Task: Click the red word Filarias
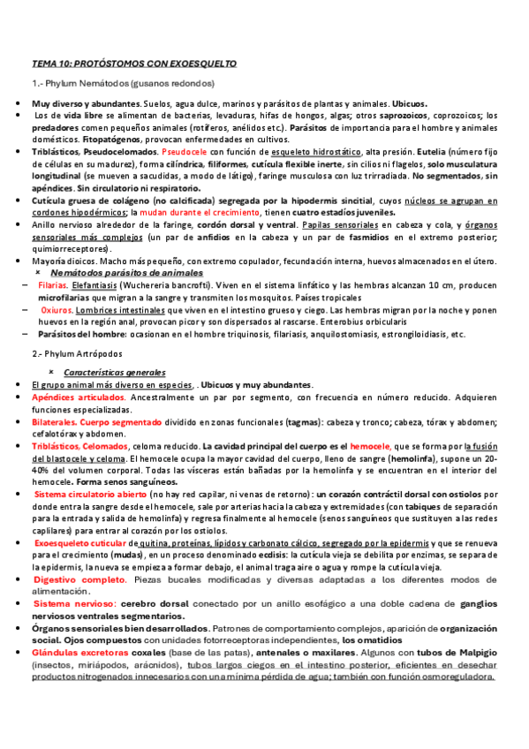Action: point(53,287)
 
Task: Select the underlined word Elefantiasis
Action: point(98,287)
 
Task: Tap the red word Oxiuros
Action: point(57,311)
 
